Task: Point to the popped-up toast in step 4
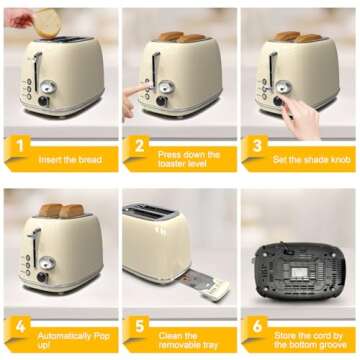(x=59, y=211)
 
